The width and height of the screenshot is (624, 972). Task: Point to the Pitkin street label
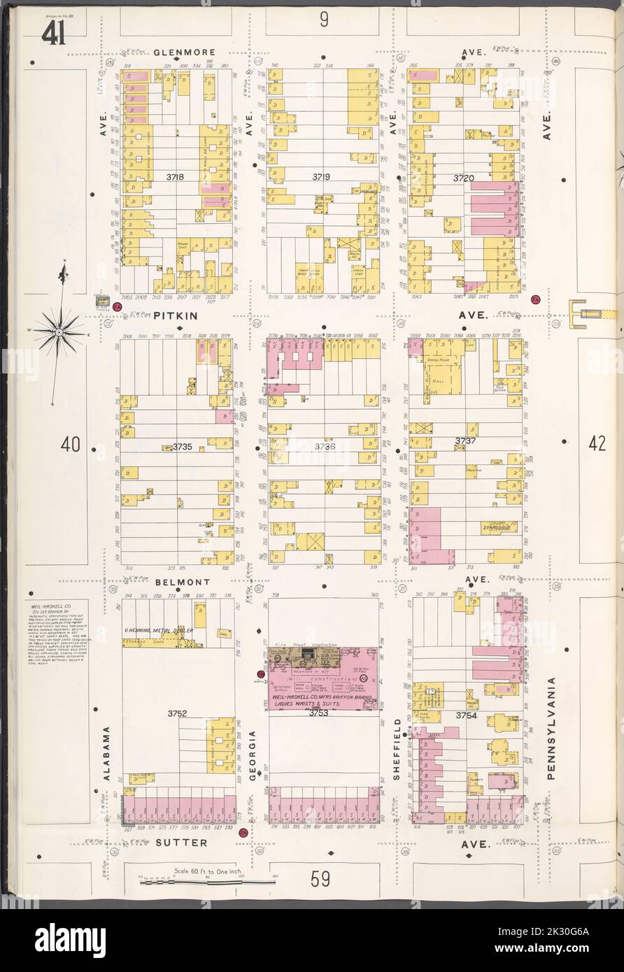point(176,316)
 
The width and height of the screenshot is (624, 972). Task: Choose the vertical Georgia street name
point(253,750)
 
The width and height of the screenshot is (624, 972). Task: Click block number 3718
point(175,178)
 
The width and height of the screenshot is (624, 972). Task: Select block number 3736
point(325,445)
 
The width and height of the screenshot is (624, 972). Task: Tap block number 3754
point(466,715)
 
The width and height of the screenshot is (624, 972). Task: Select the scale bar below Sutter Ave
point(207,882)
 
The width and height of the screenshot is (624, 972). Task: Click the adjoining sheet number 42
point(597,443)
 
